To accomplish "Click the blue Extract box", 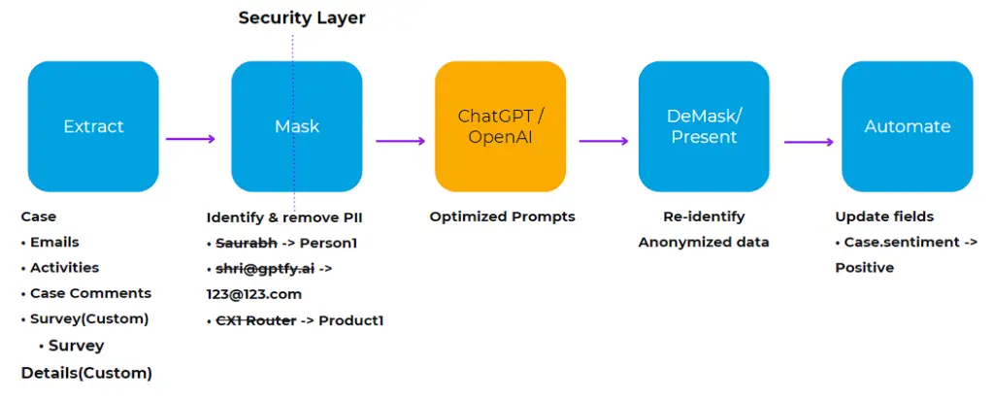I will point(93,126).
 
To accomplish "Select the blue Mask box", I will point(296,126).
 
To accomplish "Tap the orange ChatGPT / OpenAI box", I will point(500,126).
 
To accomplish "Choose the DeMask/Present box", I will point(703,126).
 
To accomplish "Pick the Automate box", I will point(907,126).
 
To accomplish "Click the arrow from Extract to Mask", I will point(191,139).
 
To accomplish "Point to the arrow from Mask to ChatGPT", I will point(400,141).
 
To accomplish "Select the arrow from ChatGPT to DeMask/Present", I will point(604,141).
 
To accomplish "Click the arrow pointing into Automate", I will point(809,141).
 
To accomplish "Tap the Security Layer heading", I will point(302,18).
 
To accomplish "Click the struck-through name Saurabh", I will point(244,243).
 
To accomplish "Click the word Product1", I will point(351,319).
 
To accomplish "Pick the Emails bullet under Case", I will point(54,243).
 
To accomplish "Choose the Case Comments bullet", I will point(90,293).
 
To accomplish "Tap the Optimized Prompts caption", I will point(502,217).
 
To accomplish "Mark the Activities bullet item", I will point(64,268).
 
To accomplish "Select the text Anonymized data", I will point(703,243).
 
